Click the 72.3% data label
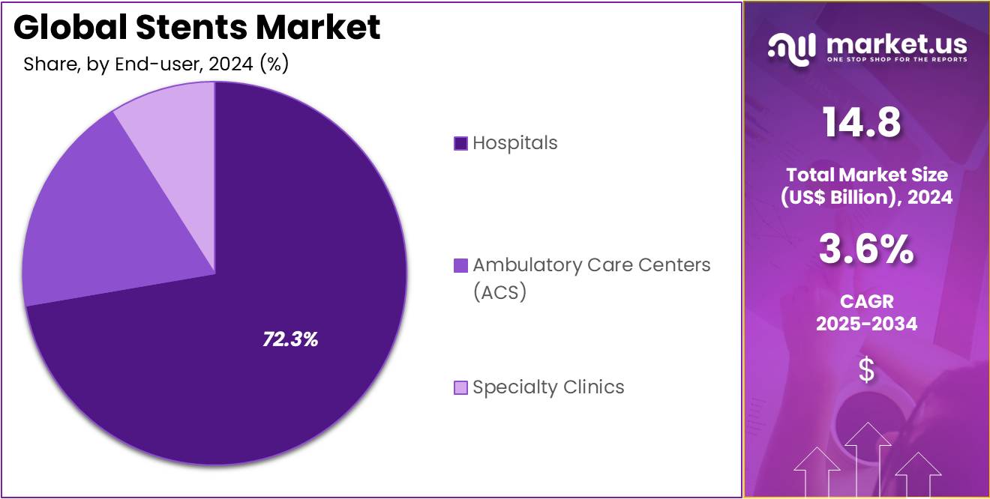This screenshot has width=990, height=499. click(x=290, y=339)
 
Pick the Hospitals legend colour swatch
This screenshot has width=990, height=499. click(x=460, y=143)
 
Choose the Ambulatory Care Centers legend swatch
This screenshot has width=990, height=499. click(x=460, y=265)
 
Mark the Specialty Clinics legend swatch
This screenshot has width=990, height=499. click(x=460, y=387)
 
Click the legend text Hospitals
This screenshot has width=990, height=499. click(x=515, y=143)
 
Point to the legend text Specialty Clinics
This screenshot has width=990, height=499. click(x=548, y=387)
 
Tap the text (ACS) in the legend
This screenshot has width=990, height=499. click(x=500, y=292)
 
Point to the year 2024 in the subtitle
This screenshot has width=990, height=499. click(x=230, y=64)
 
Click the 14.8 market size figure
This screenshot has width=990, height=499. click(x=862, y=122)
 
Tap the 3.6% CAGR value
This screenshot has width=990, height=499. click(x=866, y=250)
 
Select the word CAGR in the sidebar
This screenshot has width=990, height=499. click(x=866, y=301)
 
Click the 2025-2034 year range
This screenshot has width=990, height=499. click(x=866, y=324)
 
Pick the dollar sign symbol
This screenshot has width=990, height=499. click(x=866, y=370)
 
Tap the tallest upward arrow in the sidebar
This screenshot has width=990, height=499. click(x=868, y=457)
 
